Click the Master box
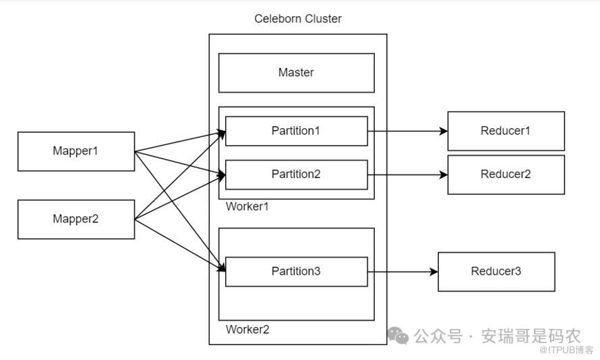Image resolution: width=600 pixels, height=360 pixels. pos(296,73)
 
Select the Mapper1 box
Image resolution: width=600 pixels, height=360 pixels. pos(76,151)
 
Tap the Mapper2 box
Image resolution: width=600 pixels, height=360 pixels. pos(76,219)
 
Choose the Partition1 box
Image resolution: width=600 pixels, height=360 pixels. pos(296,131)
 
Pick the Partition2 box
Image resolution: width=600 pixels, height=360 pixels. pos(296,175)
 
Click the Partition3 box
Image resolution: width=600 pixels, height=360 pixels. pos(296,272)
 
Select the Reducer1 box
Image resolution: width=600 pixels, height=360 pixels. pos(506,131)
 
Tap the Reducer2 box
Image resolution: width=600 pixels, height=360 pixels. pos(506,175)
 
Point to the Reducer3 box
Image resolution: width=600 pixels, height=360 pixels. pos(496,272)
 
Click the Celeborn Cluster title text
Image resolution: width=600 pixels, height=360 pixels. pos(297,19)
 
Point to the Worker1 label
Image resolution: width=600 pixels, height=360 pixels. pos(247,206)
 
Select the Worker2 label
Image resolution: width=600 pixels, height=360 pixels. pos(247,330)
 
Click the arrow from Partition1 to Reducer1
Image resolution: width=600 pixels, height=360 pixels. pos(407,131)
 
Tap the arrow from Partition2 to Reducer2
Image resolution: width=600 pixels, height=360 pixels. pos(407,175)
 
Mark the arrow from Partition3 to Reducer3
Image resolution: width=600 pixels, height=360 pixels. pos(402,272)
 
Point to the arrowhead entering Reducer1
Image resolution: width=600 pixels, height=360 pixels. pos(444,131)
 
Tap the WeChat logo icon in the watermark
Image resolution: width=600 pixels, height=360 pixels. pos(398,335)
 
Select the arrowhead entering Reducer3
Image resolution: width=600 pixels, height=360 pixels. pos(434,272)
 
